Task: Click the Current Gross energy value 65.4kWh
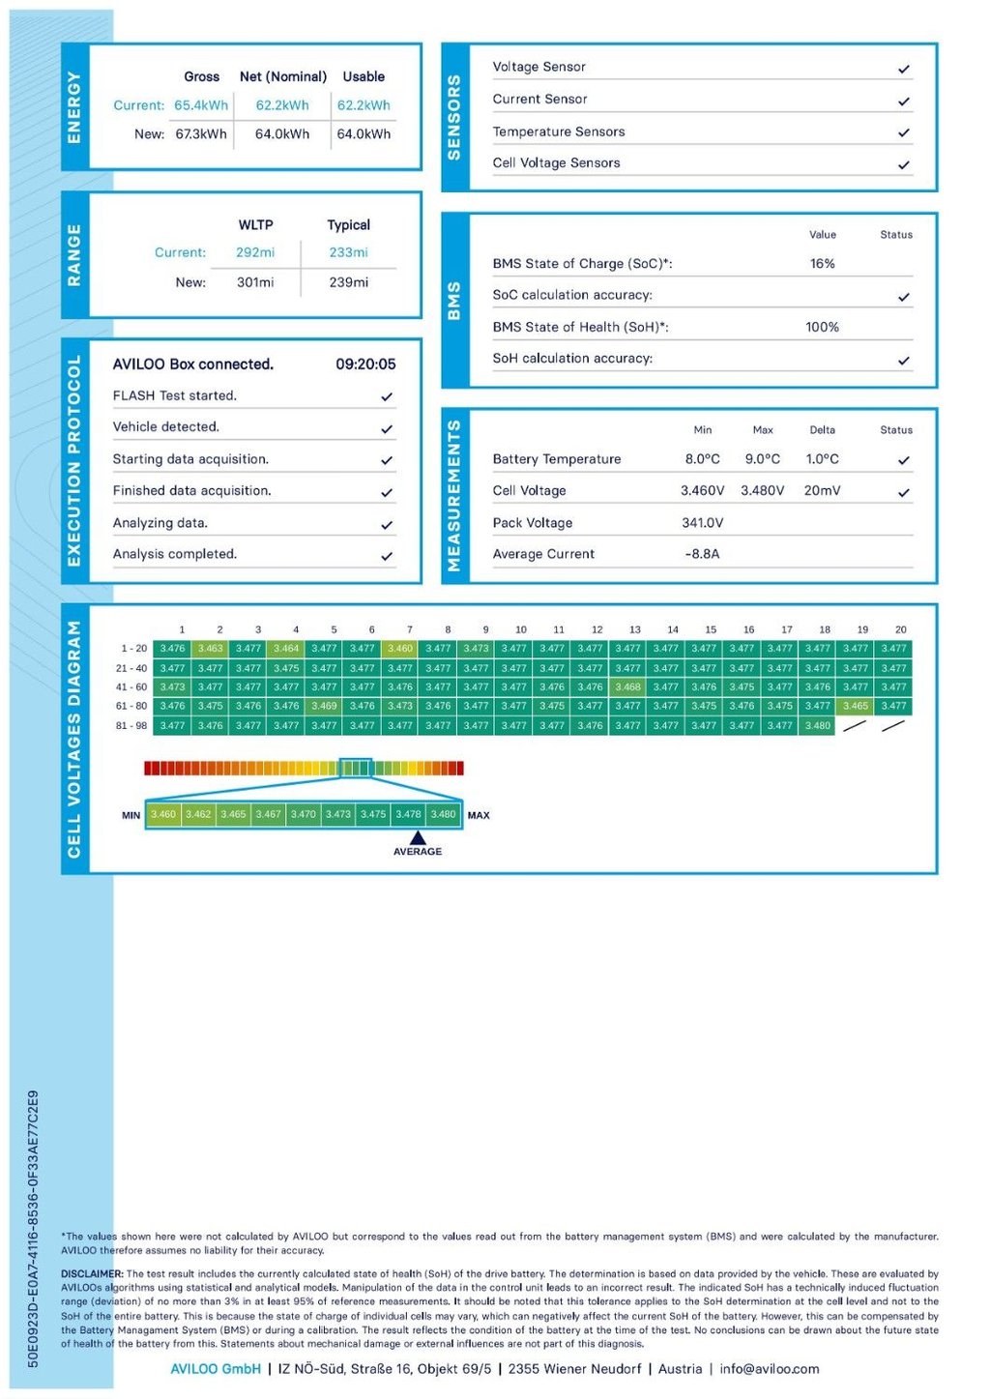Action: (201, 105)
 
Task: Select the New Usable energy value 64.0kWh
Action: (364, 134)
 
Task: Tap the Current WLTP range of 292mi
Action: (255, 252)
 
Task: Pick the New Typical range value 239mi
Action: (348, 282)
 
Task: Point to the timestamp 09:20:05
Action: (365, 364)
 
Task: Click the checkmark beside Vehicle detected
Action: (387, 428)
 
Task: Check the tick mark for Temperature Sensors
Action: (904, 132)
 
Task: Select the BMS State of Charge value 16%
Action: (823, 263)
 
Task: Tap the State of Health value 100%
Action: (823, 327)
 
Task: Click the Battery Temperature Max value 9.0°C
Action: (763, 459)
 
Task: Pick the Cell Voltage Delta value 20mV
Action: (823, 490)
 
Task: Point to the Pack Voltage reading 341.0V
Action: (703, 523)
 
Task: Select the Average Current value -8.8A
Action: (703, 554)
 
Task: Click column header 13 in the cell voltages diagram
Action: (635, 629)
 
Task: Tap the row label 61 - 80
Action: (131, 706)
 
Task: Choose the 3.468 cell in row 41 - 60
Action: (628, 687)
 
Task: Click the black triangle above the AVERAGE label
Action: (418, 838)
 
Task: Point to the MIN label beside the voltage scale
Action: (131, 815)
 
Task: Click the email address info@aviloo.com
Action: (770, 1369)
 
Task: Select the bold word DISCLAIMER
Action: (92, 1273)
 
